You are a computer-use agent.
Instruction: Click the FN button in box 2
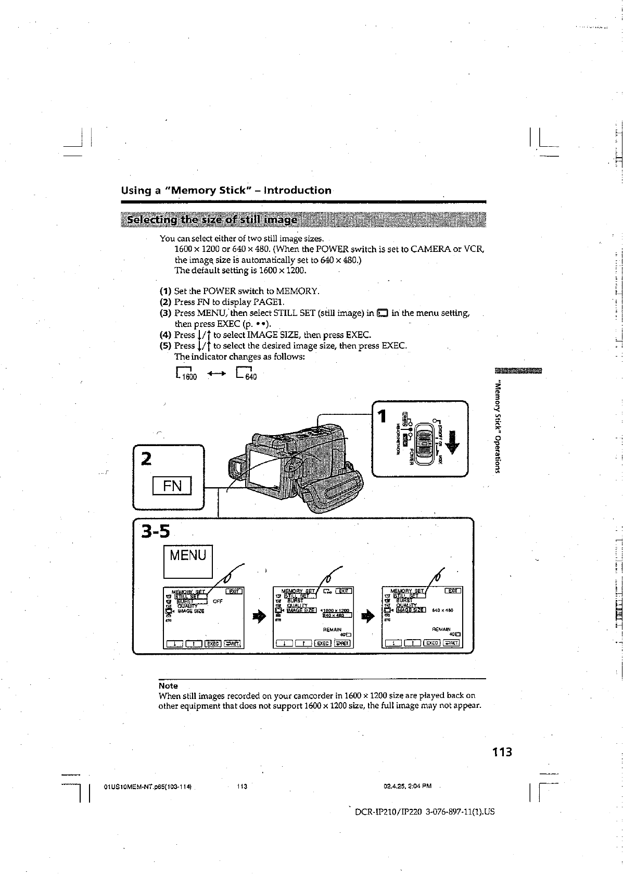pos(172,486)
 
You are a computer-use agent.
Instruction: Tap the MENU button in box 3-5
pos(188,561)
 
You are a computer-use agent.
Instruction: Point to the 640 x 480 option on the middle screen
pos(338,616)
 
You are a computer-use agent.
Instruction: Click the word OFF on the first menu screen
pos(218,601)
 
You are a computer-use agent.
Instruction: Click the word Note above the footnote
pos(168,686)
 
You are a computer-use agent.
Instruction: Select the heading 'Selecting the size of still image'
pos(213,220)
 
